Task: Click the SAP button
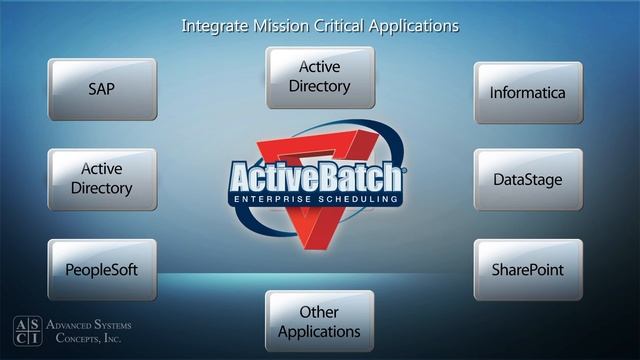(102, 89)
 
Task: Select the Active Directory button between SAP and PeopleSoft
(102, 179)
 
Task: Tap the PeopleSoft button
(102, 269)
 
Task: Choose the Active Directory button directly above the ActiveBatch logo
(320, 78)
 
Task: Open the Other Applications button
(320, 321)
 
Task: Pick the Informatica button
(528, 93)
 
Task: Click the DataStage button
(528, 180)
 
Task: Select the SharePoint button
(528, 269)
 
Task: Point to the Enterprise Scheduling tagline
(316, 200)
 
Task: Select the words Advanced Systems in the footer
(89, 326)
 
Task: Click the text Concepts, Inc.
(89, 340)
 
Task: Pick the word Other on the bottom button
(319, 312)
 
